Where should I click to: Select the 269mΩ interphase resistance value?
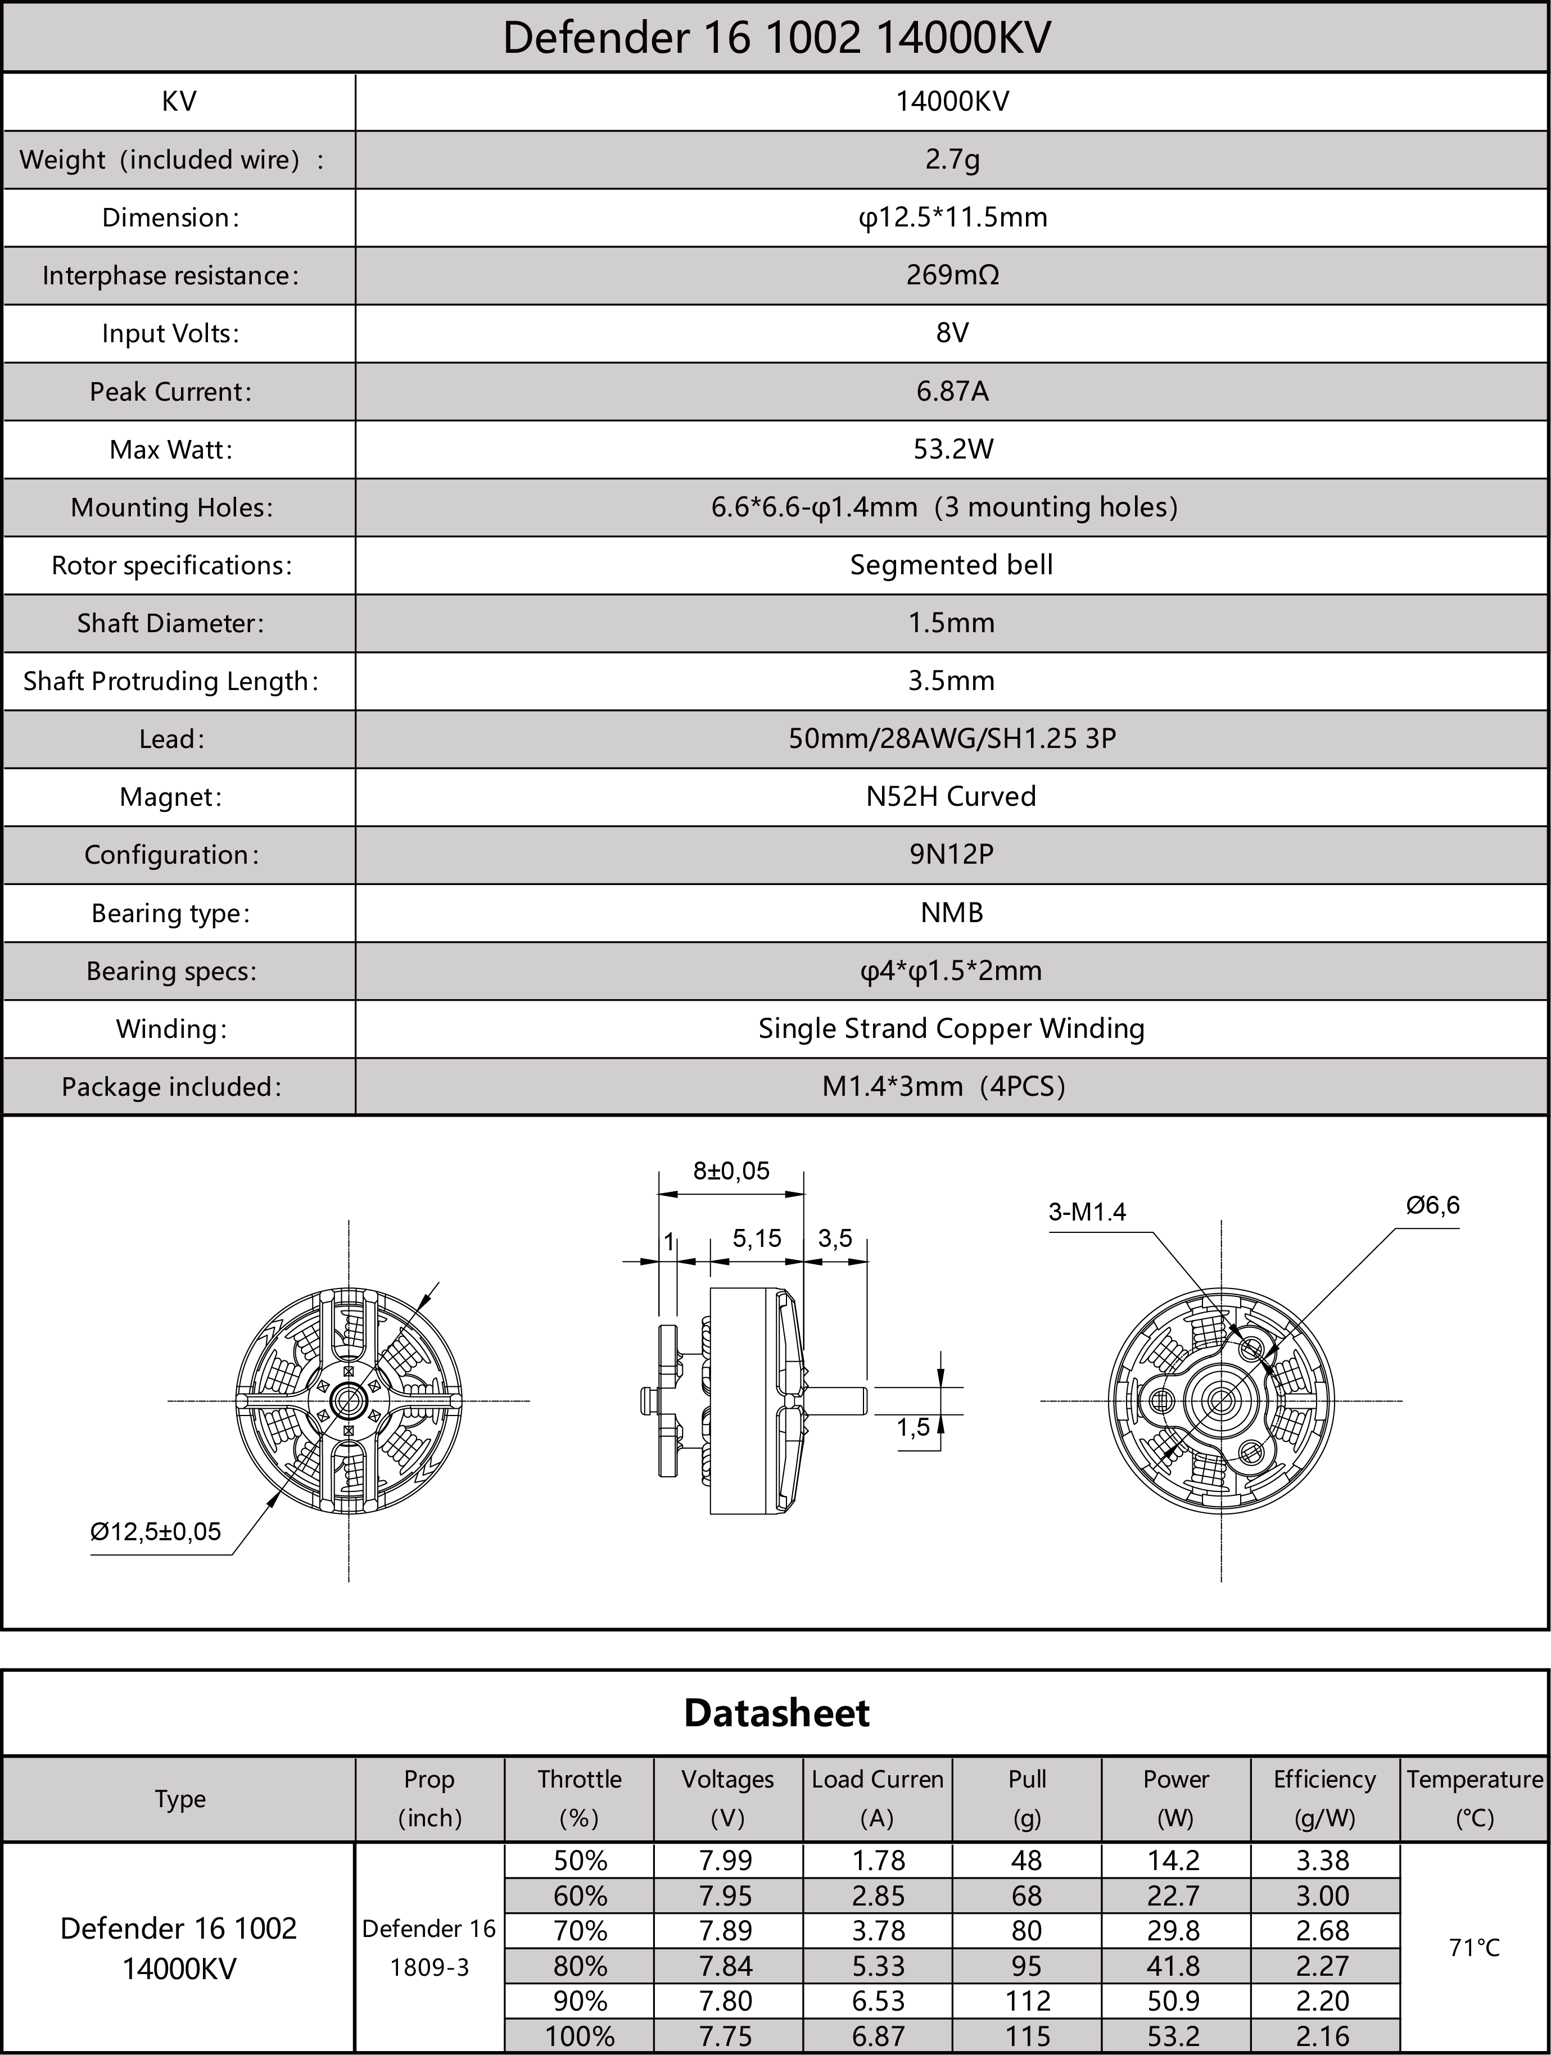coord(952,275)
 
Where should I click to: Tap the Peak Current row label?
coord(170,391)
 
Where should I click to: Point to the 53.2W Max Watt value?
coord(952,450)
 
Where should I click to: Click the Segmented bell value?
coord(952,565)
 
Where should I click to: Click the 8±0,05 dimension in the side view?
coord(731,1171)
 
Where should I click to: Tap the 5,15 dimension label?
coord(757,1239)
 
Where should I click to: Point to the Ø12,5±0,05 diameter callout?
coord(155,1531)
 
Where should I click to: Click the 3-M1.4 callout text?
coord(1086,1212)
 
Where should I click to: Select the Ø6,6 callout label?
coord(1432,1206)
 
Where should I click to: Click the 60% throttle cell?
coord(580,1895)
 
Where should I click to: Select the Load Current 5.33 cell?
coord(878,1965)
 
